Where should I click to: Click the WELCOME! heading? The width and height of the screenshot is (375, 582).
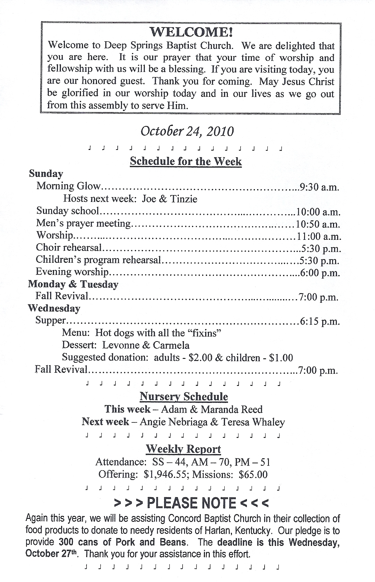191,32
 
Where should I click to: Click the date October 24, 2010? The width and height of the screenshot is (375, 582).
187,131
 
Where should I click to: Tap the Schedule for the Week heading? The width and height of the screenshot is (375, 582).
186,161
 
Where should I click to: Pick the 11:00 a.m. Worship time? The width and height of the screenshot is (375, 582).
319,236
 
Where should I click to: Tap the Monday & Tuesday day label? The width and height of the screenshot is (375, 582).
73,284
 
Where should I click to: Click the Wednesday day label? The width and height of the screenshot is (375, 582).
54,308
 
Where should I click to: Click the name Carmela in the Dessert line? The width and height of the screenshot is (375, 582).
171,345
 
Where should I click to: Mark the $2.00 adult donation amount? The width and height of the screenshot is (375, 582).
200,358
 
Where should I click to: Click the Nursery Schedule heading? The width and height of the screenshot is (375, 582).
184,397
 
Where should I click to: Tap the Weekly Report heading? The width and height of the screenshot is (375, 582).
183,449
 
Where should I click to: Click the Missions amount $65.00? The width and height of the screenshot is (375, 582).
253,474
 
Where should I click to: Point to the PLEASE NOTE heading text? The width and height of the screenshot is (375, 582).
191,503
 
